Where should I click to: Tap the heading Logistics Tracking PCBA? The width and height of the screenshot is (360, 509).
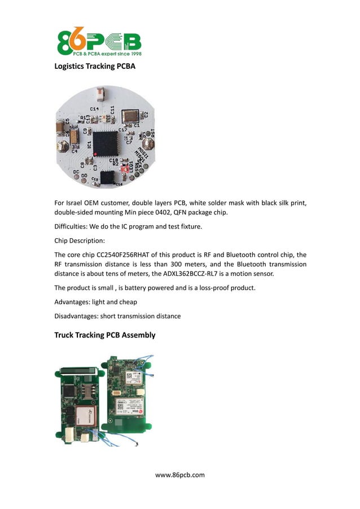pos(95,67)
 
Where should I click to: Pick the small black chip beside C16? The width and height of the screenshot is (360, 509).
pos(106,177)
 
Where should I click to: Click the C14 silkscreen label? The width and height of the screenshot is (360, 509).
pos(94,108)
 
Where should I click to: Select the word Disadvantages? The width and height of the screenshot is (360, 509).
pos(76,316)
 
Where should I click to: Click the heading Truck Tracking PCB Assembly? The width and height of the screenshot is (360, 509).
pos(104,335)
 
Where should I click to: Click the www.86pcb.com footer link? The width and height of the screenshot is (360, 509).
pos(180,475)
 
